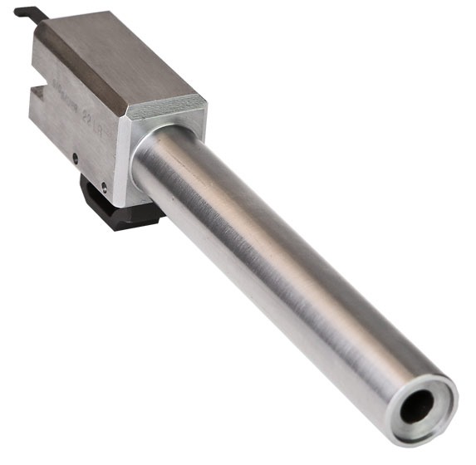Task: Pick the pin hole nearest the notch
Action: pyautogui.click(x=75, y=155)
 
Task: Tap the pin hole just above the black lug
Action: pyautogui.click(x=103, y=184)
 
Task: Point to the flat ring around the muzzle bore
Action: pyautogui.click(x=435, y=390)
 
